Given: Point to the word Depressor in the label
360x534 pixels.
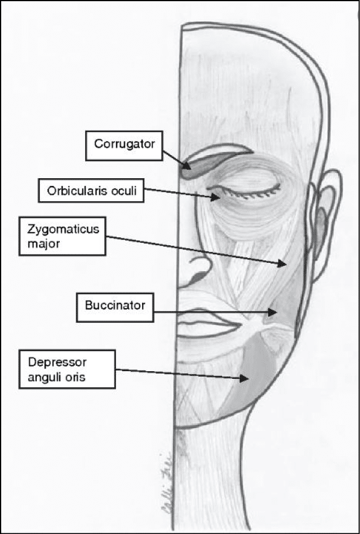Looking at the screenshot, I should point(50,361).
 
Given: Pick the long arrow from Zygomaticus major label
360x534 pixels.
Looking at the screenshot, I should point(195,250).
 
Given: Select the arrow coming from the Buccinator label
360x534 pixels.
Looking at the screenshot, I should point(213,310).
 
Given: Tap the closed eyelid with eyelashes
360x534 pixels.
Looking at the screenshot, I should point(243,189).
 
